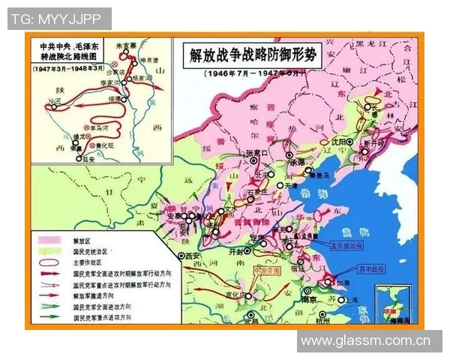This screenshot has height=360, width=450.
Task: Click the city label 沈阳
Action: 337,141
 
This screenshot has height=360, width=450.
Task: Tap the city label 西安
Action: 193,256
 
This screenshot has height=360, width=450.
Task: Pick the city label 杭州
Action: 323,319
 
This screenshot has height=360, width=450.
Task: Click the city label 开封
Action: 236,253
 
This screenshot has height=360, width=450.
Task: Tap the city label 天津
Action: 290,184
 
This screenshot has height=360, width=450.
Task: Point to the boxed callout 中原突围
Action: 266,268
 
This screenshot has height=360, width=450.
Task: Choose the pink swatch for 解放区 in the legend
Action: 50,241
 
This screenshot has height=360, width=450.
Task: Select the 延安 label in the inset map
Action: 89,159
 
